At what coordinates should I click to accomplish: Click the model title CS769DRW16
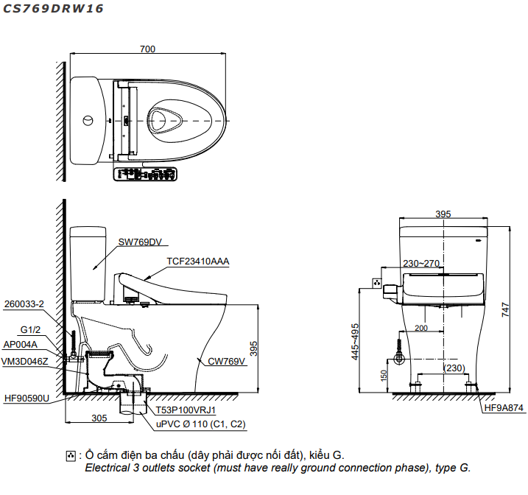click(x=52, y=10)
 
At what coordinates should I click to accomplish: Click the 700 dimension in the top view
click(x=147, y=49)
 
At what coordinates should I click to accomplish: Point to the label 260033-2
click(x=24, y=303)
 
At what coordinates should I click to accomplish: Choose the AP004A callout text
click(x=21, y=344)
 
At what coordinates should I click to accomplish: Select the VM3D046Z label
click(x=25, y=361)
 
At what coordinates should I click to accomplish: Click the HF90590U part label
click(x=27, y=399)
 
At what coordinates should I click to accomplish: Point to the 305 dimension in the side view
click(x=99, y=418)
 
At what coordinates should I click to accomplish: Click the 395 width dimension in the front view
click(x=443, y=214)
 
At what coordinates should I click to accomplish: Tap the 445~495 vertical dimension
click(x=356, y=341)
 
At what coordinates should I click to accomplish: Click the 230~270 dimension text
click(x=420, y=263)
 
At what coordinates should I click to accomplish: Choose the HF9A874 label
click(x=503, y=407)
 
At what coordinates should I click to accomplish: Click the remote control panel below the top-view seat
click(x=147, y=174)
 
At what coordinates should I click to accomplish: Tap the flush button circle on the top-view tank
click(x=89, y=120)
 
